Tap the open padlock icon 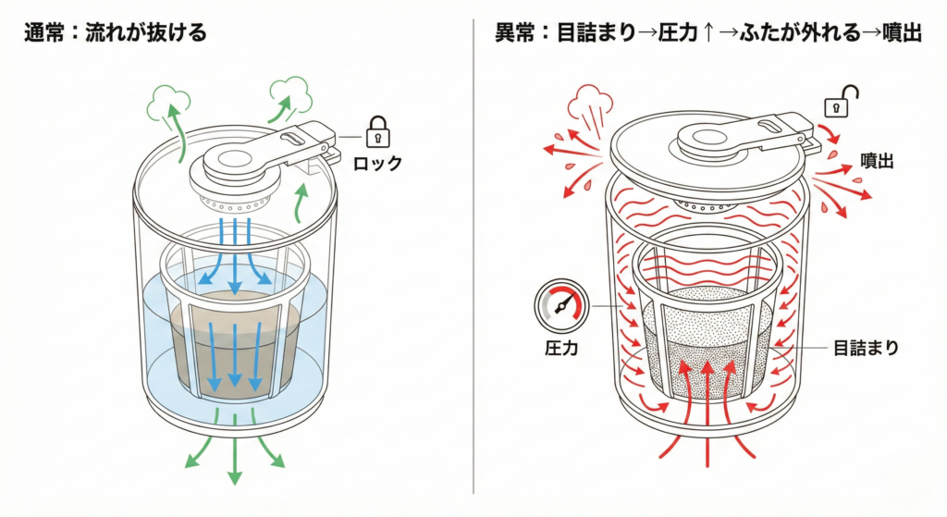point(842,102)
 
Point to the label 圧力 point(559,351)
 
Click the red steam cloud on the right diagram point(589,99)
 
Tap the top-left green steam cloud point(166,100)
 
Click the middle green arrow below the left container point(235,459)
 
